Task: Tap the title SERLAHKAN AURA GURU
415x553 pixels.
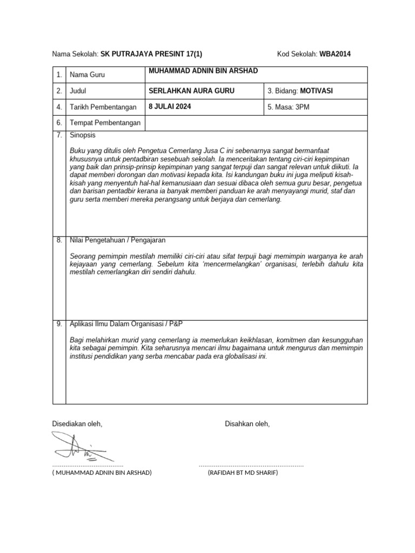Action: click(x=191, y=91)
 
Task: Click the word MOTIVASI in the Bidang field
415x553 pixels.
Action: click(x=317, y=91)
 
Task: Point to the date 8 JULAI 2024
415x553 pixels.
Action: click(x=170, y=106)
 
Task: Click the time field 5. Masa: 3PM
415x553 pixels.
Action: click(x=289, y=107)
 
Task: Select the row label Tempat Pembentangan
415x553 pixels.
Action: click(x=105, y=123)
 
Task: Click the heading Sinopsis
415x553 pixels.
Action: click(x=83, y=135)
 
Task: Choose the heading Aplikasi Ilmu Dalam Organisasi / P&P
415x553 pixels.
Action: click(x=126, y=323)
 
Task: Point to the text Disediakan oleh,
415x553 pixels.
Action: click(x=77, y=424)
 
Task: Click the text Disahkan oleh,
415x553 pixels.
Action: click(x=247, y=424)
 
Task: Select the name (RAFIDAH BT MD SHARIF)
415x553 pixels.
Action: click(x=243, y=473)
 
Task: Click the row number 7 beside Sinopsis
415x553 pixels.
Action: click(x=59, y=135)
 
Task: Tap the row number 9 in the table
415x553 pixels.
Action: click(x=59, y=323)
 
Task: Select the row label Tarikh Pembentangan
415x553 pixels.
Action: click(x=103, y=107)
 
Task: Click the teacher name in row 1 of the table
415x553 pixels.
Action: click(x=203, y=71)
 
